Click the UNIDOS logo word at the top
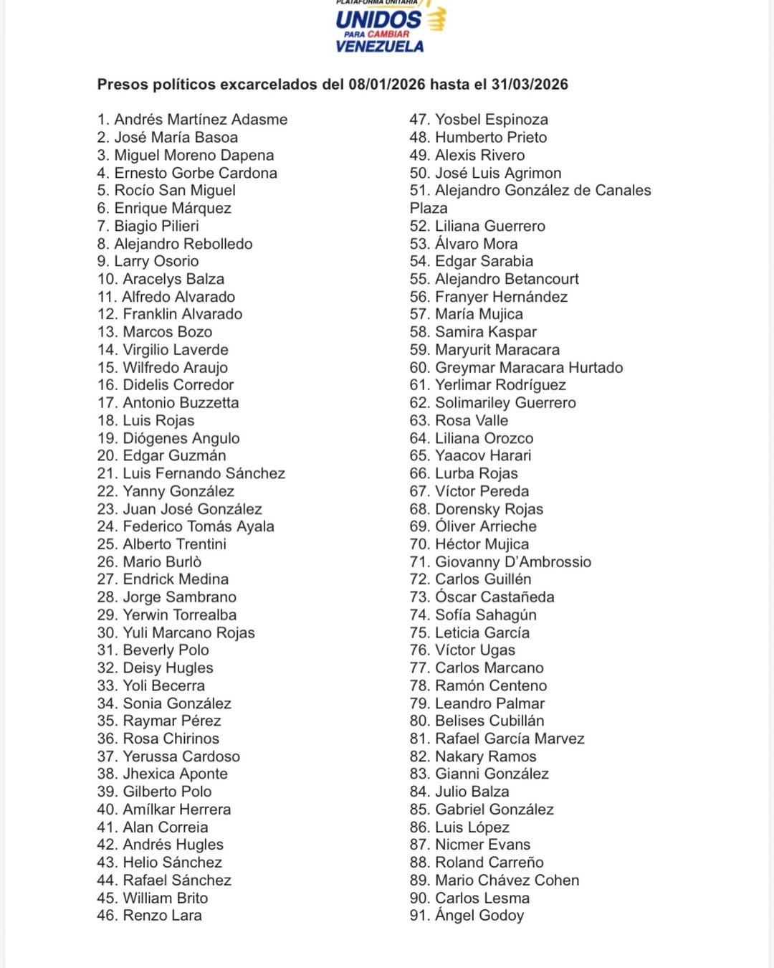point(378,19)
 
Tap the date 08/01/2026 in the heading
point(387,85)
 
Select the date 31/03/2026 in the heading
point(529,85)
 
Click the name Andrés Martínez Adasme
point(201,120)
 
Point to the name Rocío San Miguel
point(175,191)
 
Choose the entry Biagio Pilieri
point(156,226)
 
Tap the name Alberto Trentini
point(174,544)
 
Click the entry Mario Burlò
point(162,562)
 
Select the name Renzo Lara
point(162,916)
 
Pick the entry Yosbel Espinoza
point(492,120)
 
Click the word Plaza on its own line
point(429,209)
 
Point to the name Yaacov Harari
point(483,456)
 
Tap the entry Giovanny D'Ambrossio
point(513,562)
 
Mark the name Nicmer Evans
point(483,845)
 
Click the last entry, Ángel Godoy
point(479,916)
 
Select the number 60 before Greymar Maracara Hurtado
point(419,368)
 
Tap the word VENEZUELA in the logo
point(380,47)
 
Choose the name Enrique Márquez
point(173,209)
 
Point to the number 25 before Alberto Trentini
point(107,544)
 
